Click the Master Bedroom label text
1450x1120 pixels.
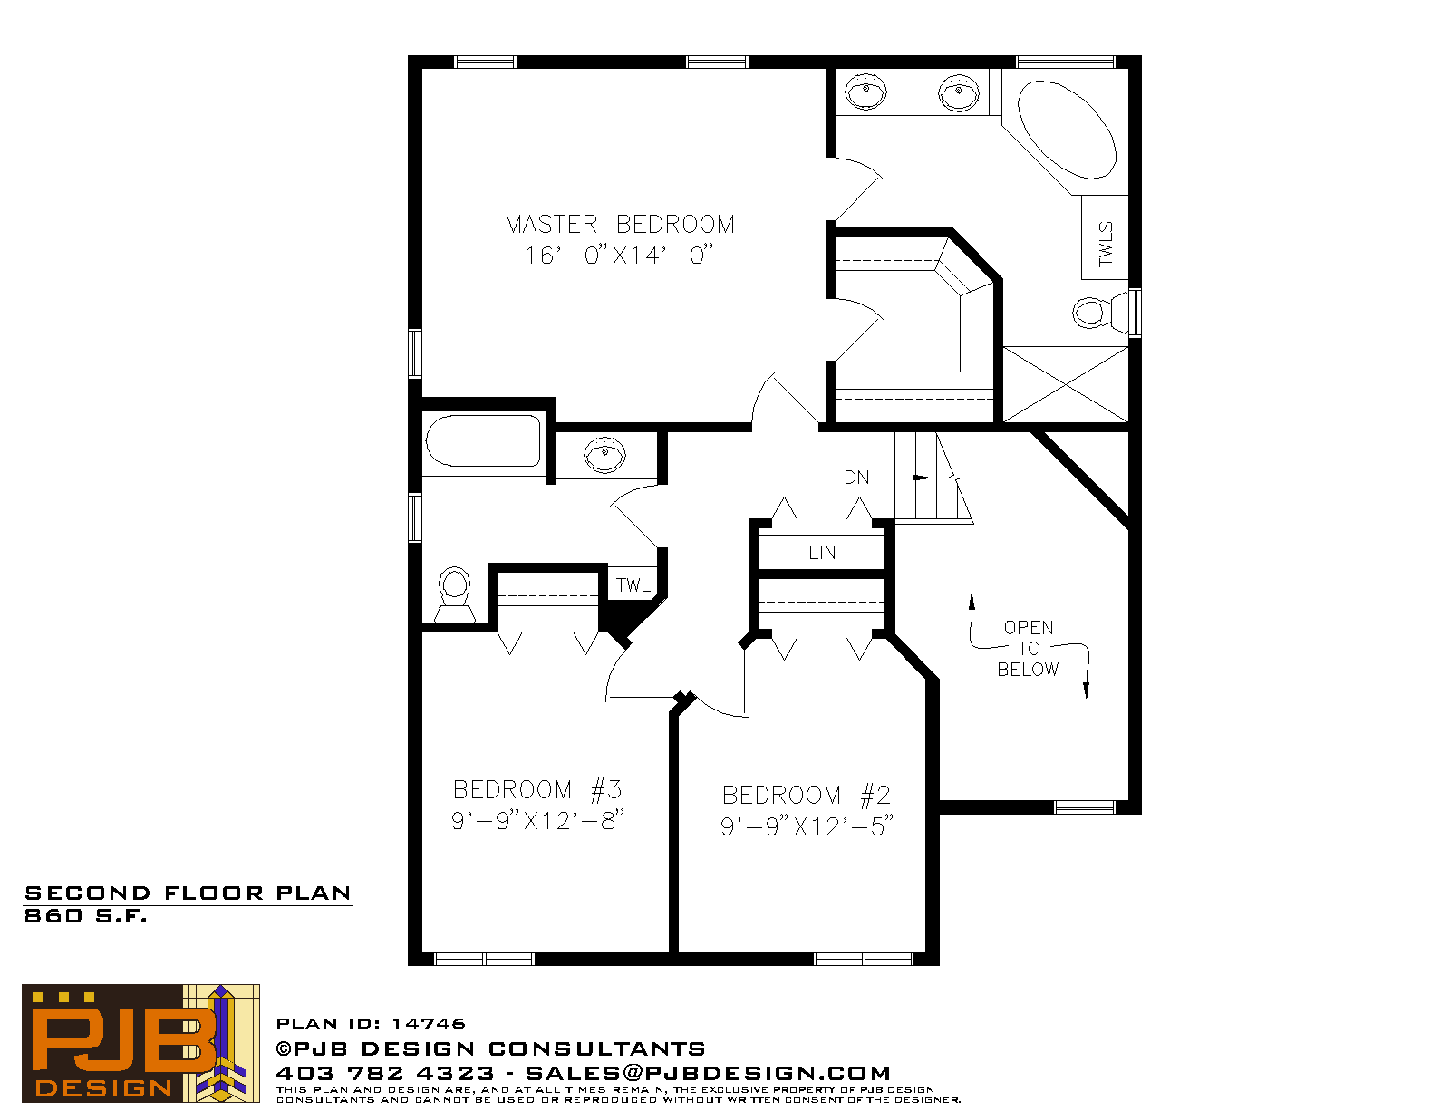619,224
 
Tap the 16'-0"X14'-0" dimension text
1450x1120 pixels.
619,255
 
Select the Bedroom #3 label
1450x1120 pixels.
537,790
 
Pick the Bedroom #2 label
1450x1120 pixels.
806,795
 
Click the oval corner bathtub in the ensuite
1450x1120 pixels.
1067,130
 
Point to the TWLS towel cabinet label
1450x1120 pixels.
1105,244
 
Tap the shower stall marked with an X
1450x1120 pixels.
1066,384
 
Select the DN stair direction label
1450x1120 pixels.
856,478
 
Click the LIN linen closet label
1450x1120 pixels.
822,553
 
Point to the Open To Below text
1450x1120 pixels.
1029,649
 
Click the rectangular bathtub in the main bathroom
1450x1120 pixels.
483,440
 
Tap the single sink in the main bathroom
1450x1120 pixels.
604,456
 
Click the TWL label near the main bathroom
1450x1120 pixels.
633,585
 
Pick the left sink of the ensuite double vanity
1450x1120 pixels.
865,92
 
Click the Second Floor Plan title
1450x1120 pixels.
188,893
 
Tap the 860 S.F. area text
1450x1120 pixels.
85,916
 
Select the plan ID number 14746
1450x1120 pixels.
429,1024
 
